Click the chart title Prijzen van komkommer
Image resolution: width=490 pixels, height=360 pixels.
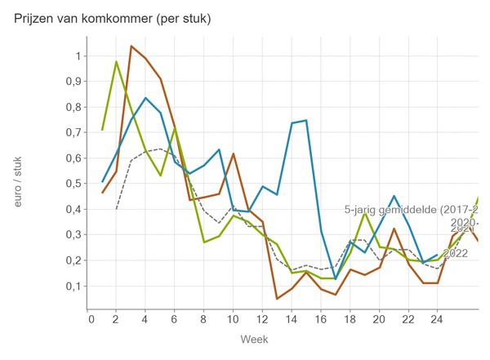coord(113,19)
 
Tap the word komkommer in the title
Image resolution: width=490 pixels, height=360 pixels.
coord(131,19)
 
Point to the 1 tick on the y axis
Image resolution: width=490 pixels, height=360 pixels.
coord(78,56)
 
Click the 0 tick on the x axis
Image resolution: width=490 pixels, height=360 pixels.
coord(89,319)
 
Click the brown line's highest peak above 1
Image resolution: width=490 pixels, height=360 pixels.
coord(131,46)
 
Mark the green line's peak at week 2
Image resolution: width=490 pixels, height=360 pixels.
coord(117,62)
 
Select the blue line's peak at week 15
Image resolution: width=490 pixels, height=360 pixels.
coord(306,121)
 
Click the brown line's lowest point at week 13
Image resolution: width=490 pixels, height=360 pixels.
coord(278,299)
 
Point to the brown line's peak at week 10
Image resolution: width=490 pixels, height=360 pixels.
coord(233,153)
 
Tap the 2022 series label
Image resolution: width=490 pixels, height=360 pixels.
coord(458,253)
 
